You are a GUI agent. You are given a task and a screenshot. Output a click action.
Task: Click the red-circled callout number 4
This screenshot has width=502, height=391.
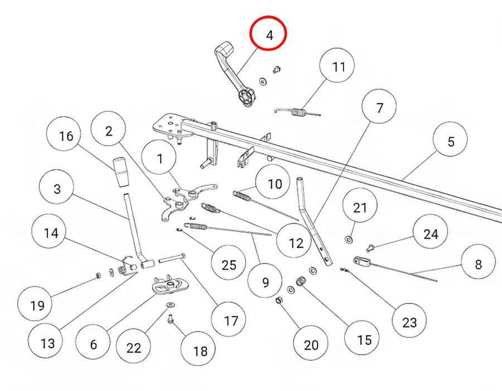[268, 33]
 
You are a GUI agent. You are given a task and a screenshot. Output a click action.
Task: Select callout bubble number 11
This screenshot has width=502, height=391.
[337, 65]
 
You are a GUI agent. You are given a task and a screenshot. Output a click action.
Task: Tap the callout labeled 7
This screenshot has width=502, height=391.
[379, 107]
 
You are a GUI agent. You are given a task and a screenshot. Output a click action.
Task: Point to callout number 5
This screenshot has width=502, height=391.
[450, 139]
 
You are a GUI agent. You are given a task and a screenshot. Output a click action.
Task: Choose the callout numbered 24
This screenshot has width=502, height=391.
[430, 232]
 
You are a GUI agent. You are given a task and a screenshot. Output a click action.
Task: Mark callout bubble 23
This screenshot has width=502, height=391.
[409, 321]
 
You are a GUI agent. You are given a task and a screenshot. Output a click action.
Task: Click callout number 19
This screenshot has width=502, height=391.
[35, 303]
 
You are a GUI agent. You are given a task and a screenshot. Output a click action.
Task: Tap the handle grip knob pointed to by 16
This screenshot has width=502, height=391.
[120, 172]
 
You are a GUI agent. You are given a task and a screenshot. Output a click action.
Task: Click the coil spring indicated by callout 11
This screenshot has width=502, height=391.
[297, 112]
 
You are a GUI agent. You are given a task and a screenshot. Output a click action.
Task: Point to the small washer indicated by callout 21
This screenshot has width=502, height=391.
[348, 239]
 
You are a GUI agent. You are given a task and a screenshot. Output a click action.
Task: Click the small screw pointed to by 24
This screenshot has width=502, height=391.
[370, 248]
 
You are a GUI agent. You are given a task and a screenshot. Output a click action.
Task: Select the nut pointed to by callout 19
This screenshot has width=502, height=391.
[99, 275]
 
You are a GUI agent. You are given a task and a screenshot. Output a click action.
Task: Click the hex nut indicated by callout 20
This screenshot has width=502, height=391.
[279, 300]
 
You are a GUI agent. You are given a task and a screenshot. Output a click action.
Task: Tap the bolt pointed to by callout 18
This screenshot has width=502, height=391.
[171, 318]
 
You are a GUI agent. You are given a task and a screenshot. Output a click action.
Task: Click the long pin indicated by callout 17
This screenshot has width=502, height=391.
[172, 257]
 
